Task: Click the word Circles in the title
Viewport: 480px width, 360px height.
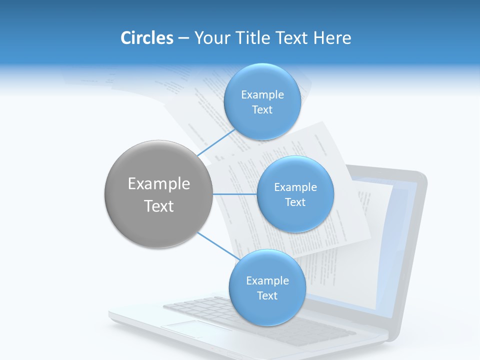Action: click(x=146, y=38)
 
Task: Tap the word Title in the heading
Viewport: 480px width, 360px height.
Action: click(x=253, y=38)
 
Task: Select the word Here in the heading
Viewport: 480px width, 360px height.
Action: click(x=332, y=38)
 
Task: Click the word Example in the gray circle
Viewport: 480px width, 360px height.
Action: click(x=158, y=184)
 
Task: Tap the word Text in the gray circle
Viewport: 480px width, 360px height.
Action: click(x=158, y=206)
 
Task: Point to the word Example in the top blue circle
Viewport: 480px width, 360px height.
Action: click(x=262, y=95)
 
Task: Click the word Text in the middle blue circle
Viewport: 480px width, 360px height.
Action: click(x=295, y=202)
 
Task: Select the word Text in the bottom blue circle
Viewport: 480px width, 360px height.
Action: click(x=267, y=295)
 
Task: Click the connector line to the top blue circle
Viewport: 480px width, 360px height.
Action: click(x=216, y=142)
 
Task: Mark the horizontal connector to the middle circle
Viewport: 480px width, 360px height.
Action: click(x=234, y=194)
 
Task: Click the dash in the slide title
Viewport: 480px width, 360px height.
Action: click(x=183, y=38)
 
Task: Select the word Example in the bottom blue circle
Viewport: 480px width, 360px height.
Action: click(x=267, y=280)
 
